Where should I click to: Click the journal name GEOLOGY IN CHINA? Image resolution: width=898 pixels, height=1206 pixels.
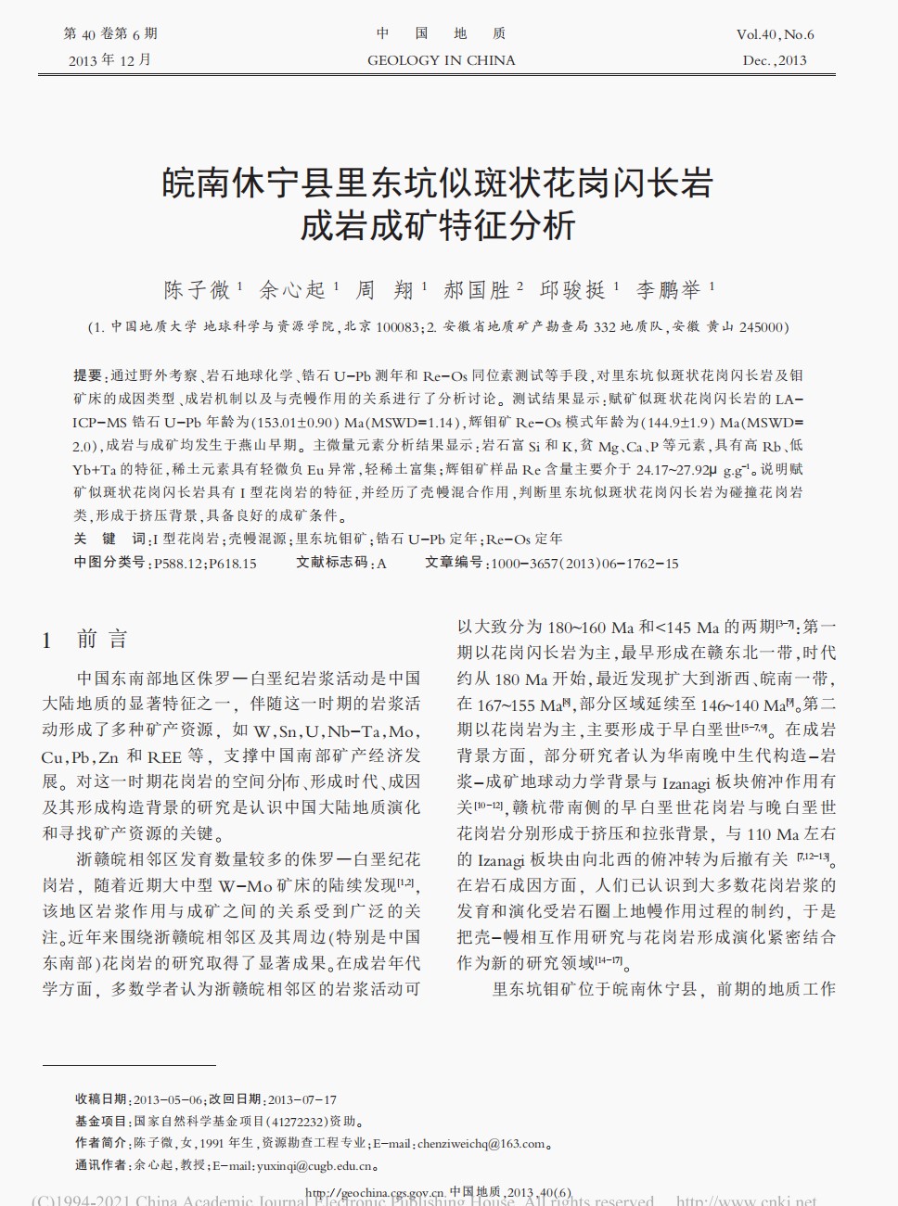(x=441, y=60)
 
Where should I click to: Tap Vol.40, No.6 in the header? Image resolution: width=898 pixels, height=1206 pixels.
(x=775, y=34)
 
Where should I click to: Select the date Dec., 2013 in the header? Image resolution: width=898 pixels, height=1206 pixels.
(x=775, y=60)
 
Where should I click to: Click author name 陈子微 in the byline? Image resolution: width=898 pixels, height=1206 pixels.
(x=197, y=290)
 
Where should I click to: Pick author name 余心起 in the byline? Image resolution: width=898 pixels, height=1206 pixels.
(x=292, y=290)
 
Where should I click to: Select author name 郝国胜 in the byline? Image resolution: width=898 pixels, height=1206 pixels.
(x=477, y=290)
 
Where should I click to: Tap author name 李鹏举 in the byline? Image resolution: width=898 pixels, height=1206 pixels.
(x=669, y=290)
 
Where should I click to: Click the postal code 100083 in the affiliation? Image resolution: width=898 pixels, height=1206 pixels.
(x=399, y=327)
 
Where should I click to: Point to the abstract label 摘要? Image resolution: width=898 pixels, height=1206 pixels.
(x=88, y=375)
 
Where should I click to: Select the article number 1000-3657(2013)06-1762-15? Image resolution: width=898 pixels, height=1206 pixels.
(x=584, y=563)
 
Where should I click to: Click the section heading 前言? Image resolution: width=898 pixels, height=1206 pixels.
(x=102, y=639)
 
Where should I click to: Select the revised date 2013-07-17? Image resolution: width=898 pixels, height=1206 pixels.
(x=302, y=1099)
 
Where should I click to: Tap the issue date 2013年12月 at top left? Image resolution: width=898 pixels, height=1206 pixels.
(x=109, y=60)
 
